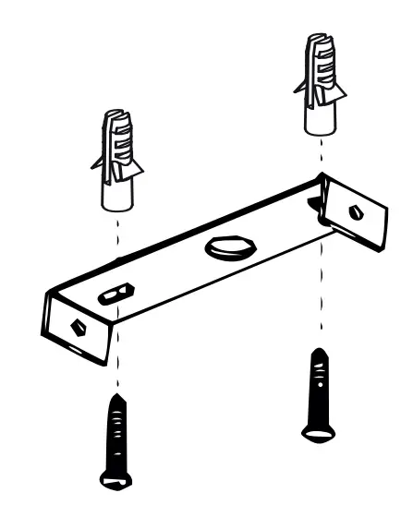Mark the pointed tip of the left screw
pos(117,397)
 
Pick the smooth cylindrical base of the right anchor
pos(320,115)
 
